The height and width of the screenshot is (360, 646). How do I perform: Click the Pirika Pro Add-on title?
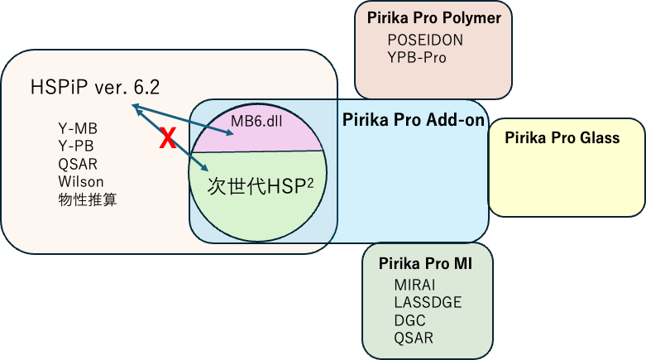(413, 121)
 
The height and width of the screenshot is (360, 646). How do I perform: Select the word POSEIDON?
(425, 41)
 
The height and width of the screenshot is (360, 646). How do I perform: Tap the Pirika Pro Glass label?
(562, 138)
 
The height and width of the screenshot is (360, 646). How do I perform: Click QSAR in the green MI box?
(414, 338)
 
